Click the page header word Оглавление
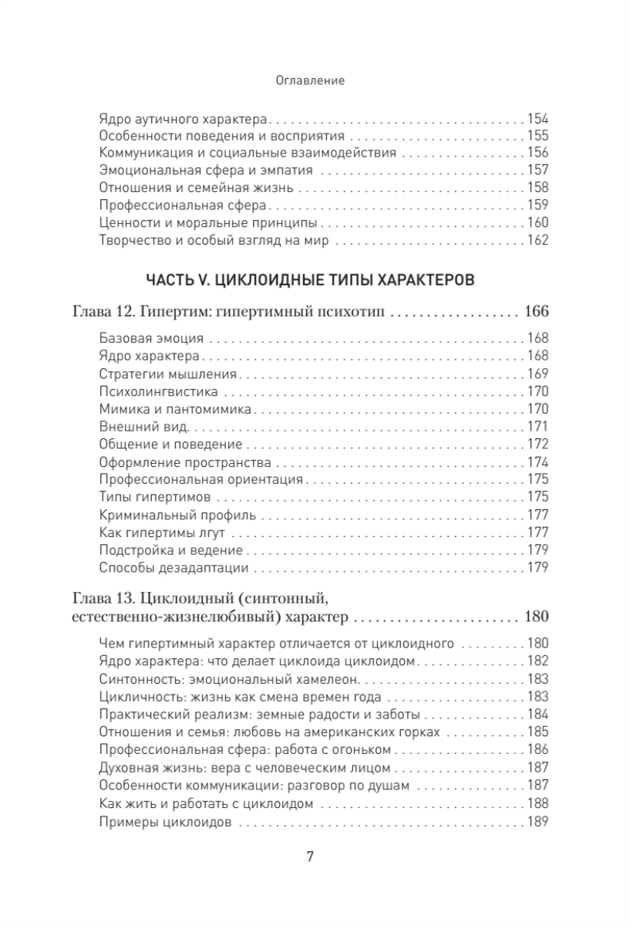point(309,79)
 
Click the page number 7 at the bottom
point(310,857)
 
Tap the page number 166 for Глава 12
point(535,313)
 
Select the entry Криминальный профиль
point(167,514)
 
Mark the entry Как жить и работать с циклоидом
point(206,803)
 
